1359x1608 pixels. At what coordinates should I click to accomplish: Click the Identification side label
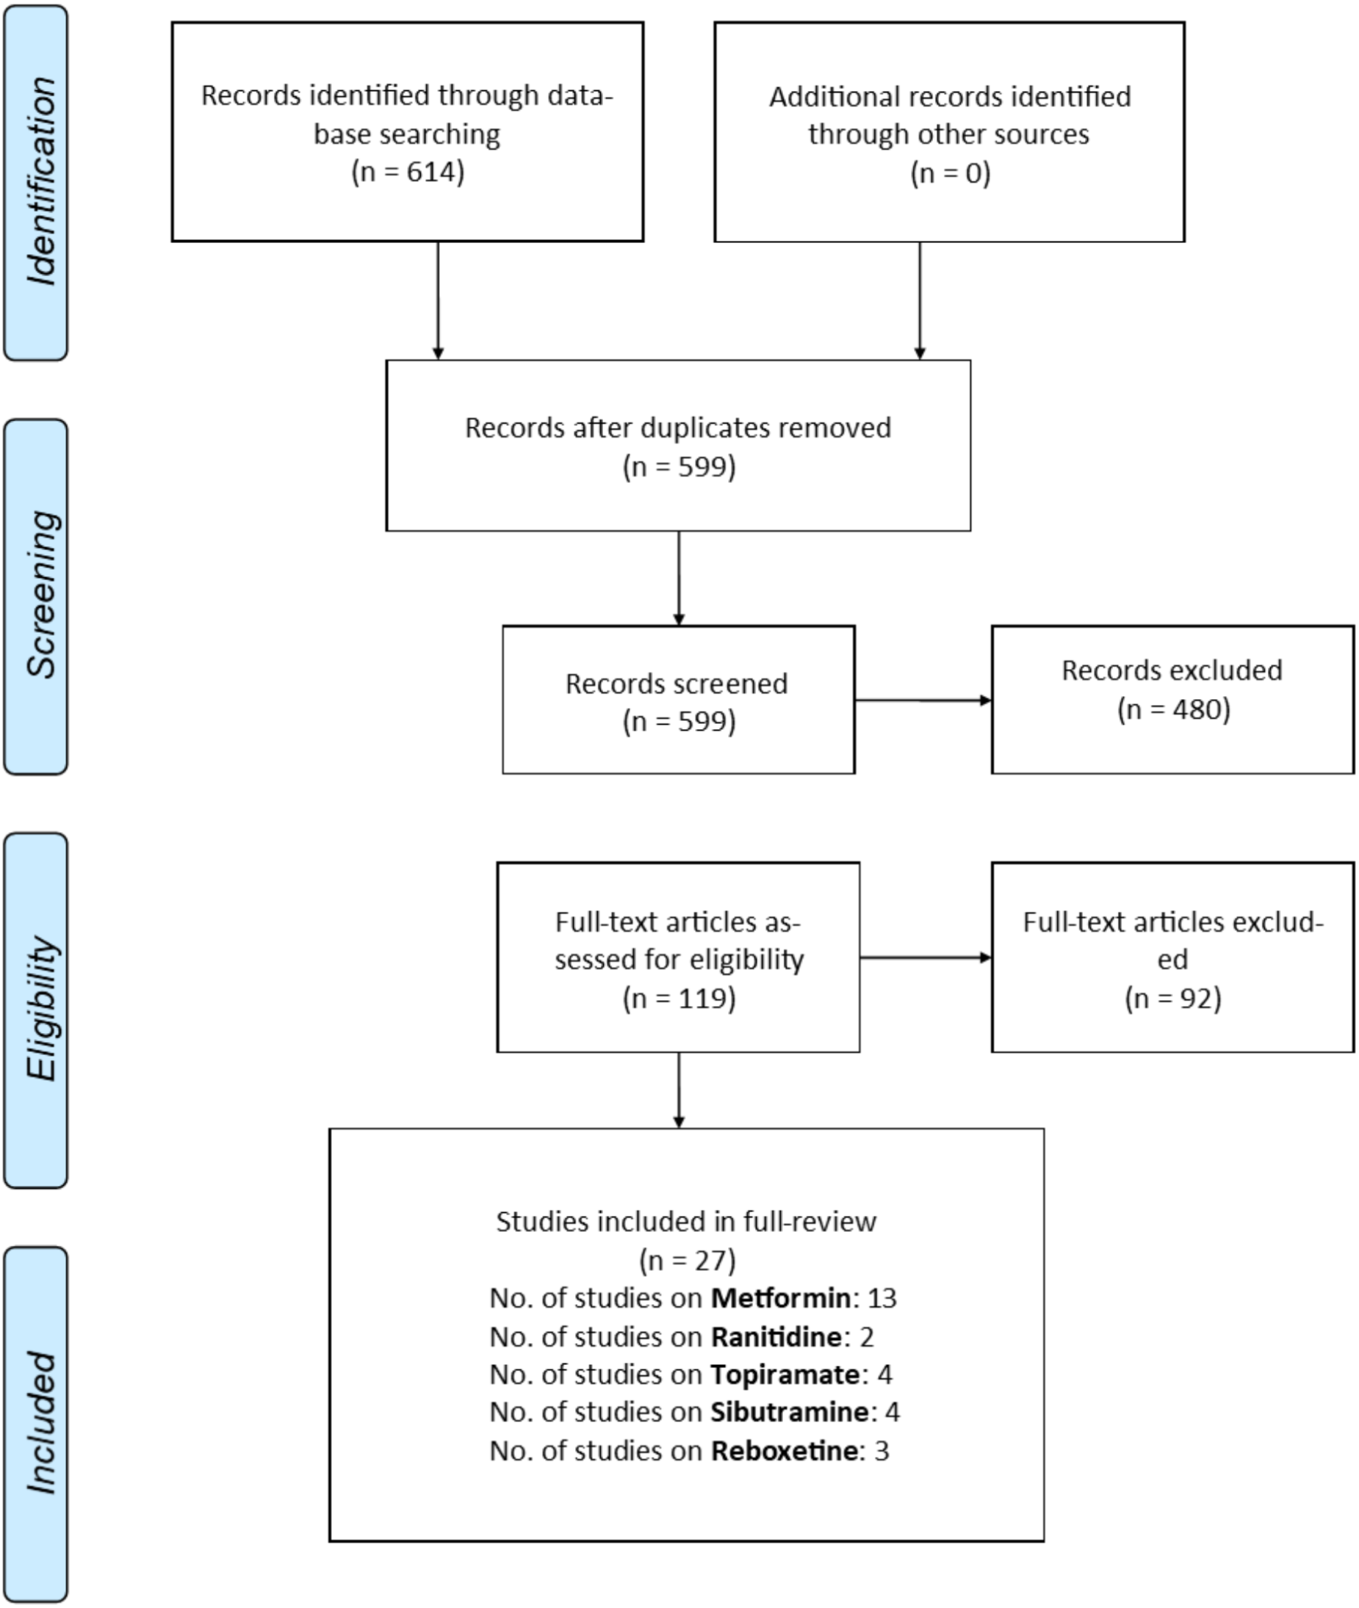pyautogui.click(x=40, y=182)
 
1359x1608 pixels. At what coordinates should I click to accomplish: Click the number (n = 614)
pyautogui.click(x=408, y=171)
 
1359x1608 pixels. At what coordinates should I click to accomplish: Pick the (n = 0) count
pyautogui.click(x=950, y=173)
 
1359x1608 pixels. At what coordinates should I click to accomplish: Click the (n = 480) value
pyautogui.click(x=1173, y=709)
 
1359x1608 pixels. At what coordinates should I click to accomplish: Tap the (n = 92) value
pyautogui.click(x=1172, y=998)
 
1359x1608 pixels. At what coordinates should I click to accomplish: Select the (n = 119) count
pyautogui.click(x=679, y=998)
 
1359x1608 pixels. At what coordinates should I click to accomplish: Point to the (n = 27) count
pyautogui.click(x=686, y=1260)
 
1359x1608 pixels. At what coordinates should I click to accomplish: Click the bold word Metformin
pyautogui.click(x=780, y=1297)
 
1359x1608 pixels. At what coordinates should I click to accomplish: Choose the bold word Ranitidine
pyautogui.click(x=775, y=1336)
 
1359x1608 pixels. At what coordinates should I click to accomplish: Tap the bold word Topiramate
pyautogui.click(x=785, y=1374)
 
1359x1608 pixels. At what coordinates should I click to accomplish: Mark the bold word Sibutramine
pyautogui.click(x=789, y=1412)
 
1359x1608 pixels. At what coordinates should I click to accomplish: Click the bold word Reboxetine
pyautogui.click(x=784, y=1450)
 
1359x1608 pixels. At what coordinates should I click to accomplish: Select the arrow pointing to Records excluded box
pyautogui.click(x=923, y=700)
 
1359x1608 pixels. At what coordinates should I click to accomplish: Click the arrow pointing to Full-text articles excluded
pyautogui.click(x=926, y=957)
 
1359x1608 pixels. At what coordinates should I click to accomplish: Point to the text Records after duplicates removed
pyautogui.click(x=678, y=427)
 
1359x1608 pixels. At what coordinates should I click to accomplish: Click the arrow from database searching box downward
pyautogui.click(x=438, y=300)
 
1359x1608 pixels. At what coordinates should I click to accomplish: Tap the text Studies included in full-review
pyautogui.click(x=685, y=1221)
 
